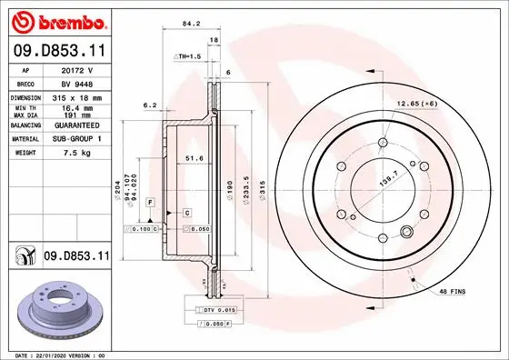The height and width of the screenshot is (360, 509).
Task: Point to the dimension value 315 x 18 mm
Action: tap(77, 95)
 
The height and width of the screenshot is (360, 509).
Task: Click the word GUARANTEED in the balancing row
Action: tap(77, 125)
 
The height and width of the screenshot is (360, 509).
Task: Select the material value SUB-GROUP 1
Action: tap(77, 139)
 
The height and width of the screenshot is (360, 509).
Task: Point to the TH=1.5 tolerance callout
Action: tap(187, 55)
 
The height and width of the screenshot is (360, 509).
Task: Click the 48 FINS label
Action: tap(451, 291)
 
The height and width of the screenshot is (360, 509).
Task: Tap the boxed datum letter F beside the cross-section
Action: tap(149, 200)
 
